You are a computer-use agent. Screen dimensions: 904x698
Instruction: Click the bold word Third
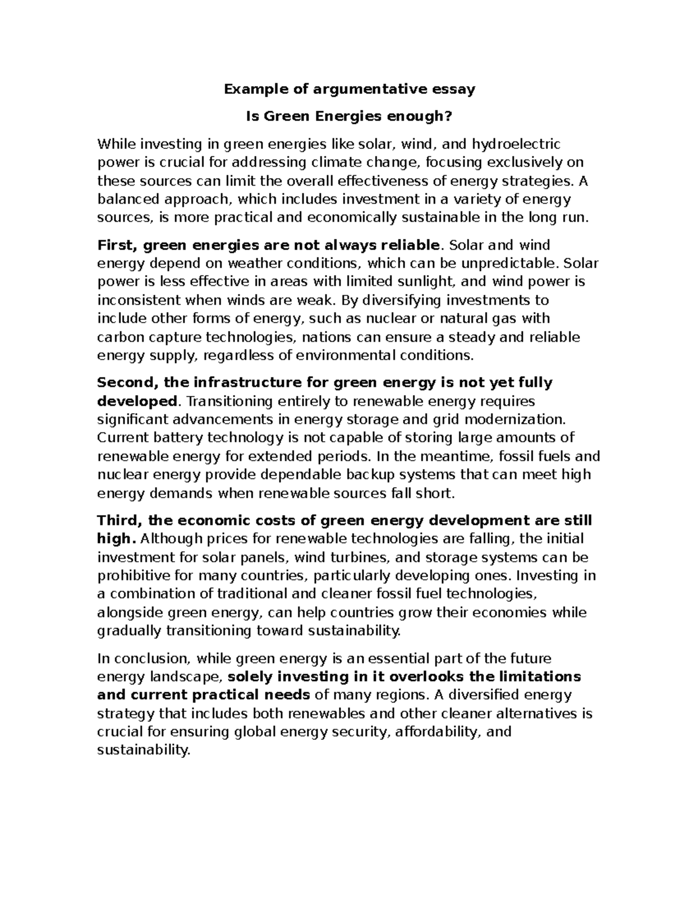tap(119, 520)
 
